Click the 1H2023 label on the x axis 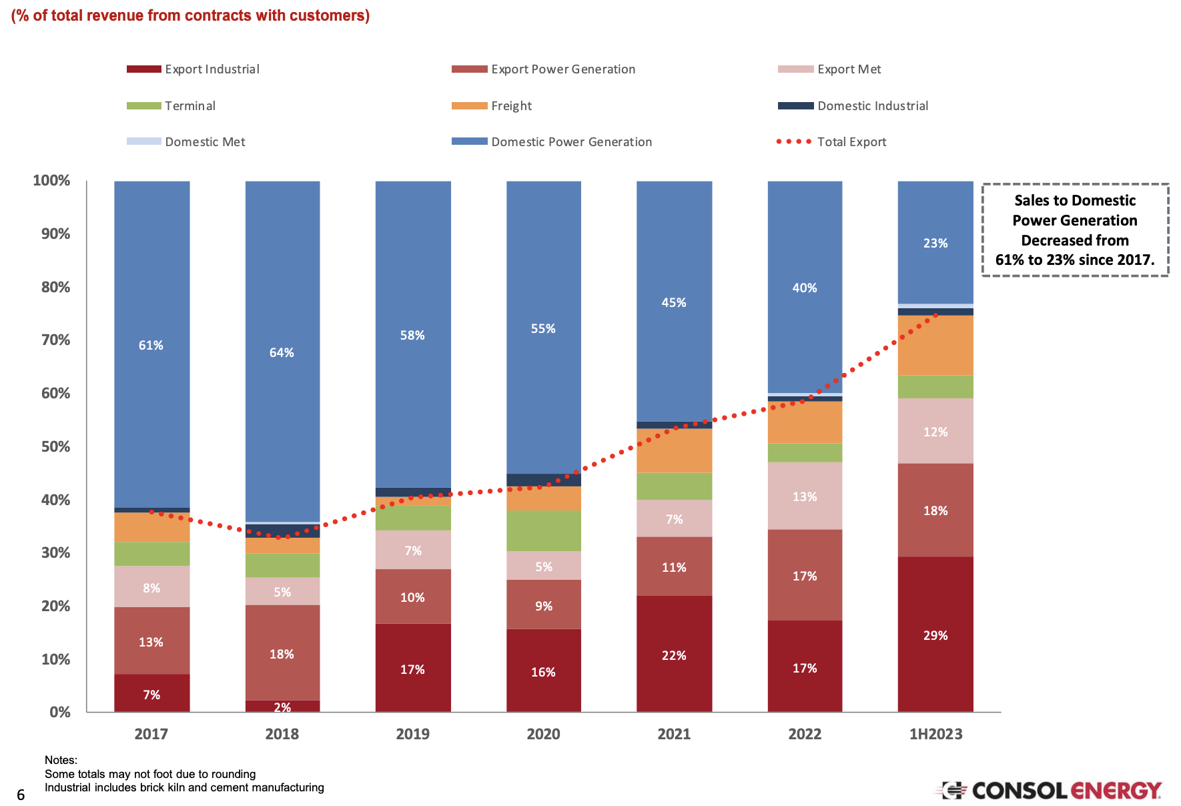[935, 735]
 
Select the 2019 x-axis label [412, 735]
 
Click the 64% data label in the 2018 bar [282, 353]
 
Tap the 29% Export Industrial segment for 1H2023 [935, 635]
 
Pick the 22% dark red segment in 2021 [674, 655]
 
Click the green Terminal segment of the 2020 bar [543, 530]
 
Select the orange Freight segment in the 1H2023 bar [935, 346]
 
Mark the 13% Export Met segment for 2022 [805, 496]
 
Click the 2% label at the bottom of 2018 [282, 707]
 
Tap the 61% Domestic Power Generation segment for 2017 [151, 345]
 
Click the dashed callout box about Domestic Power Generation [1075, 230]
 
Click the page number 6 [21, 795]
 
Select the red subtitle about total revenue [190, 15]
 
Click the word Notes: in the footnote [61, 760]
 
